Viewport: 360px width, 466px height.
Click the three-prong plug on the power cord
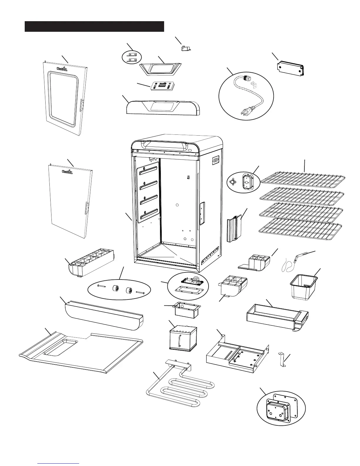pyautogui.click(x=244, y=103)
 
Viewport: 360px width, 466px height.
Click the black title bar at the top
pyautogui.click(x=94, y=26)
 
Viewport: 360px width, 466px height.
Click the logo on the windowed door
pyautogui.click(x=62, y=69)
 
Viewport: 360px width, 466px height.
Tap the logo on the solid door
pyautogui.click(x=67, y=172)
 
